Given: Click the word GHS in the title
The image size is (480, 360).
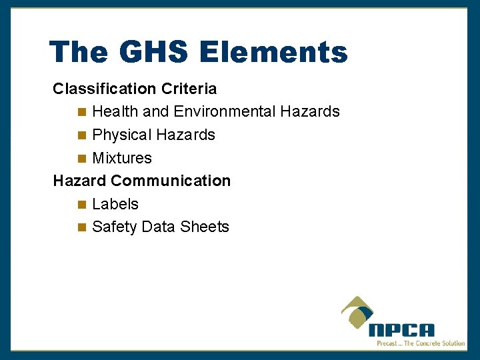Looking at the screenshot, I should coord(141,52).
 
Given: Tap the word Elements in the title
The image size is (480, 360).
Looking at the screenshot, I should coord(273,52).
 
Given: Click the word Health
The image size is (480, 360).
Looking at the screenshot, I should coord(115,111).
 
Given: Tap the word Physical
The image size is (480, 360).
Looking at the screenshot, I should coord(122,135).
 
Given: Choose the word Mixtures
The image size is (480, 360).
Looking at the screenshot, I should coord(122,158).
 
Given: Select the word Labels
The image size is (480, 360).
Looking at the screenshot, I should coord(115,204).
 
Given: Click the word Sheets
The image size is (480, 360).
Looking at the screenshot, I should coord(204,227).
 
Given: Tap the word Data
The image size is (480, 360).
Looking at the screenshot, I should coord(158,227).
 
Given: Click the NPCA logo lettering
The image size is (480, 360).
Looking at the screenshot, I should coord(401,330).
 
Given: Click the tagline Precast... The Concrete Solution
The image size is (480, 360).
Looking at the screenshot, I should coord(421,343).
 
